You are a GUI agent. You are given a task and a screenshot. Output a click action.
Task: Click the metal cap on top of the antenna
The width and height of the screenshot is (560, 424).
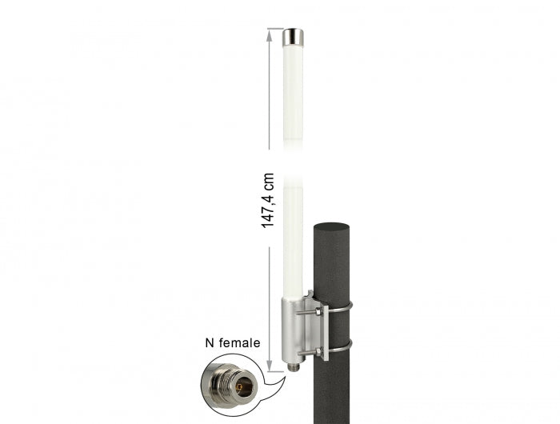pyautogui.click(x=293, y=37)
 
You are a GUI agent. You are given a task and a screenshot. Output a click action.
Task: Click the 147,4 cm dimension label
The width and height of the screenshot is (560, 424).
pyautogui.click(x=269, y=201)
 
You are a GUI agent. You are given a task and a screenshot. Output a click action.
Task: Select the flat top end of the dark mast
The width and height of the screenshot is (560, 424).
pyautogui.click(x=331, y=226)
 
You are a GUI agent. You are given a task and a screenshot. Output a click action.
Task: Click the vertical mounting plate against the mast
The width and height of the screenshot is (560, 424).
pyautogui.click(x=321, y=330)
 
